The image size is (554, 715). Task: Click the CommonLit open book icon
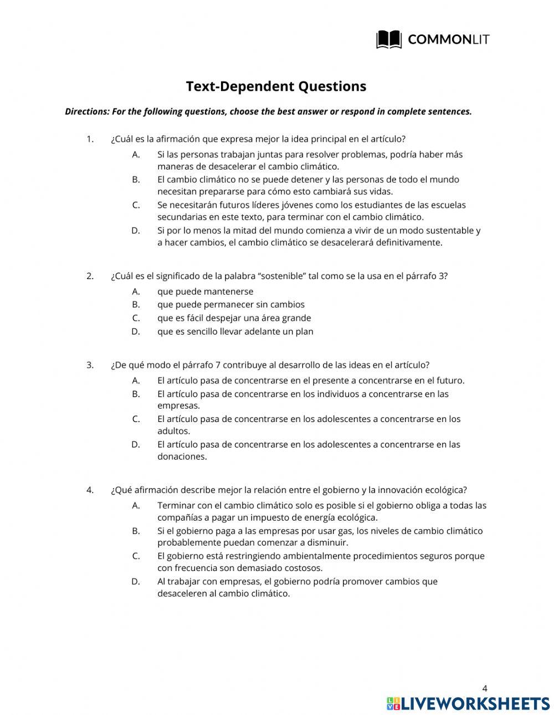point(388,39)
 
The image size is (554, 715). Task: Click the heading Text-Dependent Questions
point(276,86)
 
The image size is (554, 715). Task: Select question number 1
point(90,139)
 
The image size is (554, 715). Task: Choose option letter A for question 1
point(136,155)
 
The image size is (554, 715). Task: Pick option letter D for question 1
point(136,230)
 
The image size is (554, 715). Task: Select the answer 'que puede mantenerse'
point(205,291)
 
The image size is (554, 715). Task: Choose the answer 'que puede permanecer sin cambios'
point(230,305)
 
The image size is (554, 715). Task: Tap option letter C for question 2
point(136,318)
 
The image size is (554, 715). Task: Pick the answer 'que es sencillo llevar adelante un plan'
point(235,332)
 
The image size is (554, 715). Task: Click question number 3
point(90,365)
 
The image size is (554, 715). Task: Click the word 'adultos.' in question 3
point(173,431)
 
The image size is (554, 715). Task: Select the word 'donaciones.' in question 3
point(182,457)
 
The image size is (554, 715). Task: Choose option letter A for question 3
point(136,380)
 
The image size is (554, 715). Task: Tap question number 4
point(90,490)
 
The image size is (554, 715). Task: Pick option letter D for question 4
point(136,582)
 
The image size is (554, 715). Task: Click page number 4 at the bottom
point(485,688)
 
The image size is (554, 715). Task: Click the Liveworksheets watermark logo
point(468,703)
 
